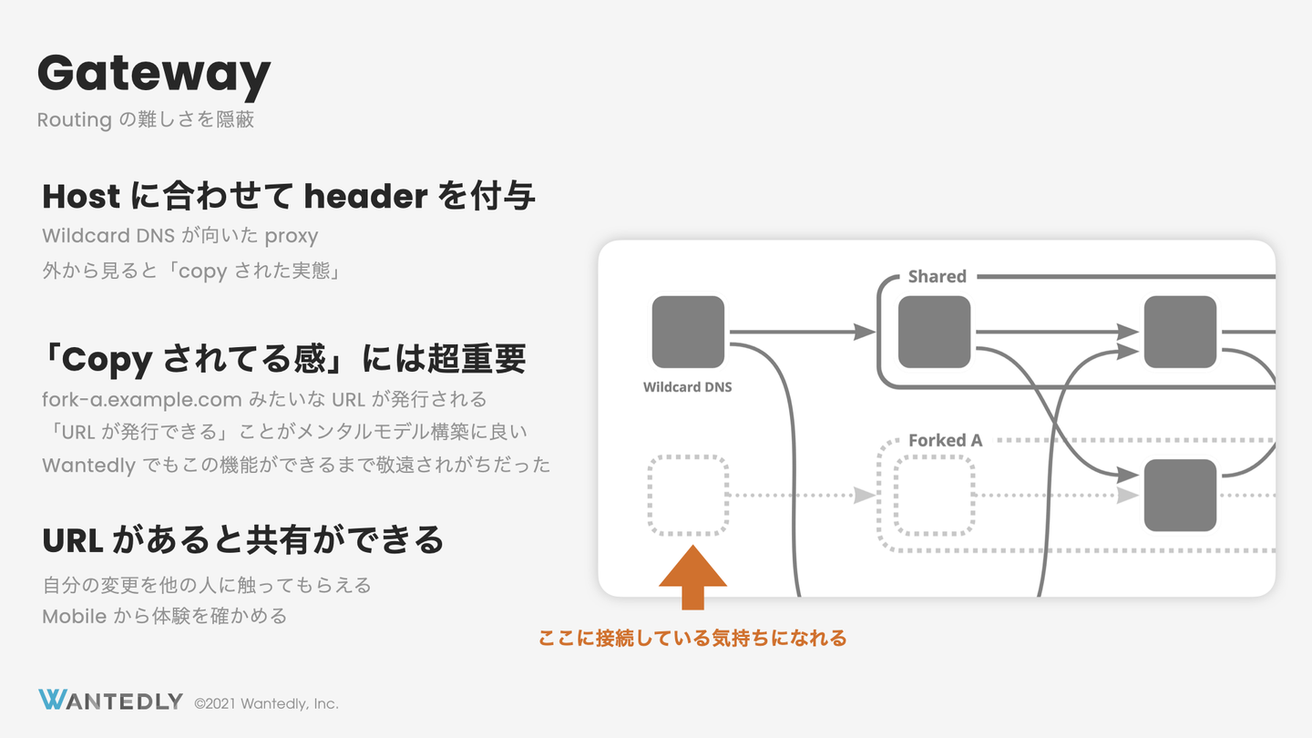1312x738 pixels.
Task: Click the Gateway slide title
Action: [x=154, y=75]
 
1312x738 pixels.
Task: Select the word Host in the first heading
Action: [x=81, y=196]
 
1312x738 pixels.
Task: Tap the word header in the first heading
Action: [x=365, y=196]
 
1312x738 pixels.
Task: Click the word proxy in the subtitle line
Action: [x=292, y=237]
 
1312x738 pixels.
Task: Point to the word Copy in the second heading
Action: [x=108, y=360]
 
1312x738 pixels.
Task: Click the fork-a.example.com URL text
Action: [x=142, y=399]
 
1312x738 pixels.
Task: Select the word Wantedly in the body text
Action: [x=89, y=466]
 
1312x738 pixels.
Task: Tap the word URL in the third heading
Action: [x=73, y=540]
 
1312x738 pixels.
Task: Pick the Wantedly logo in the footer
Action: [x=111, y=700]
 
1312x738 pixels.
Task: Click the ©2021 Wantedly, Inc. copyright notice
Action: [x=266, y=703]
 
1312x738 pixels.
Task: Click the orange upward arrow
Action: [x=692, y=578]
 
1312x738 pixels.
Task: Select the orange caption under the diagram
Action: [x=692, y=638]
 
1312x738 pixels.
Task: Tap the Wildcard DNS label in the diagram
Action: [x=688, y=387]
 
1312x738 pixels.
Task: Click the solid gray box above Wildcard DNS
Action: [x=688, y=332]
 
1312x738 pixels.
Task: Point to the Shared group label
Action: [x=938, y=276]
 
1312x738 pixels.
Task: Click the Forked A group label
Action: [x=946, y=440]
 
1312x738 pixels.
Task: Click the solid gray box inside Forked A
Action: [x=1180, y=496]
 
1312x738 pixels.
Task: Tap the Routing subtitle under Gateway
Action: [x=145, y=120]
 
